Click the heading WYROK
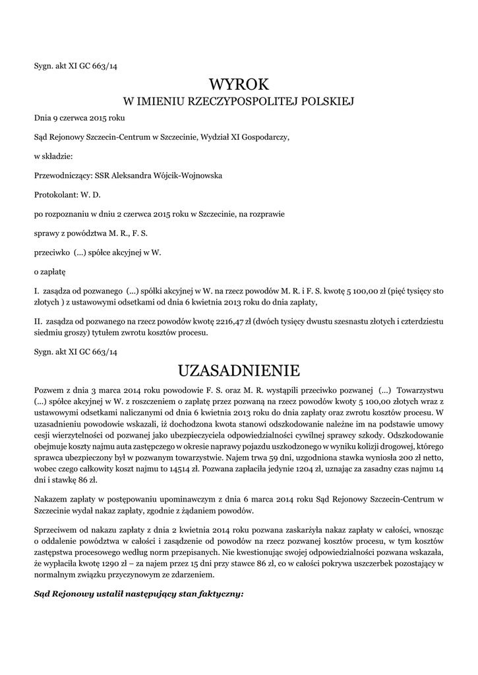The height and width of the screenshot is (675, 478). pos(239,84)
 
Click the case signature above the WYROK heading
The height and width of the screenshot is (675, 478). pos(75,65)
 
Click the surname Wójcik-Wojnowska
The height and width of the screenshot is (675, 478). pos(186,175)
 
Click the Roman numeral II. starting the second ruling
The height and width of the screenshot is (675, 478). pos(38,321)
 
